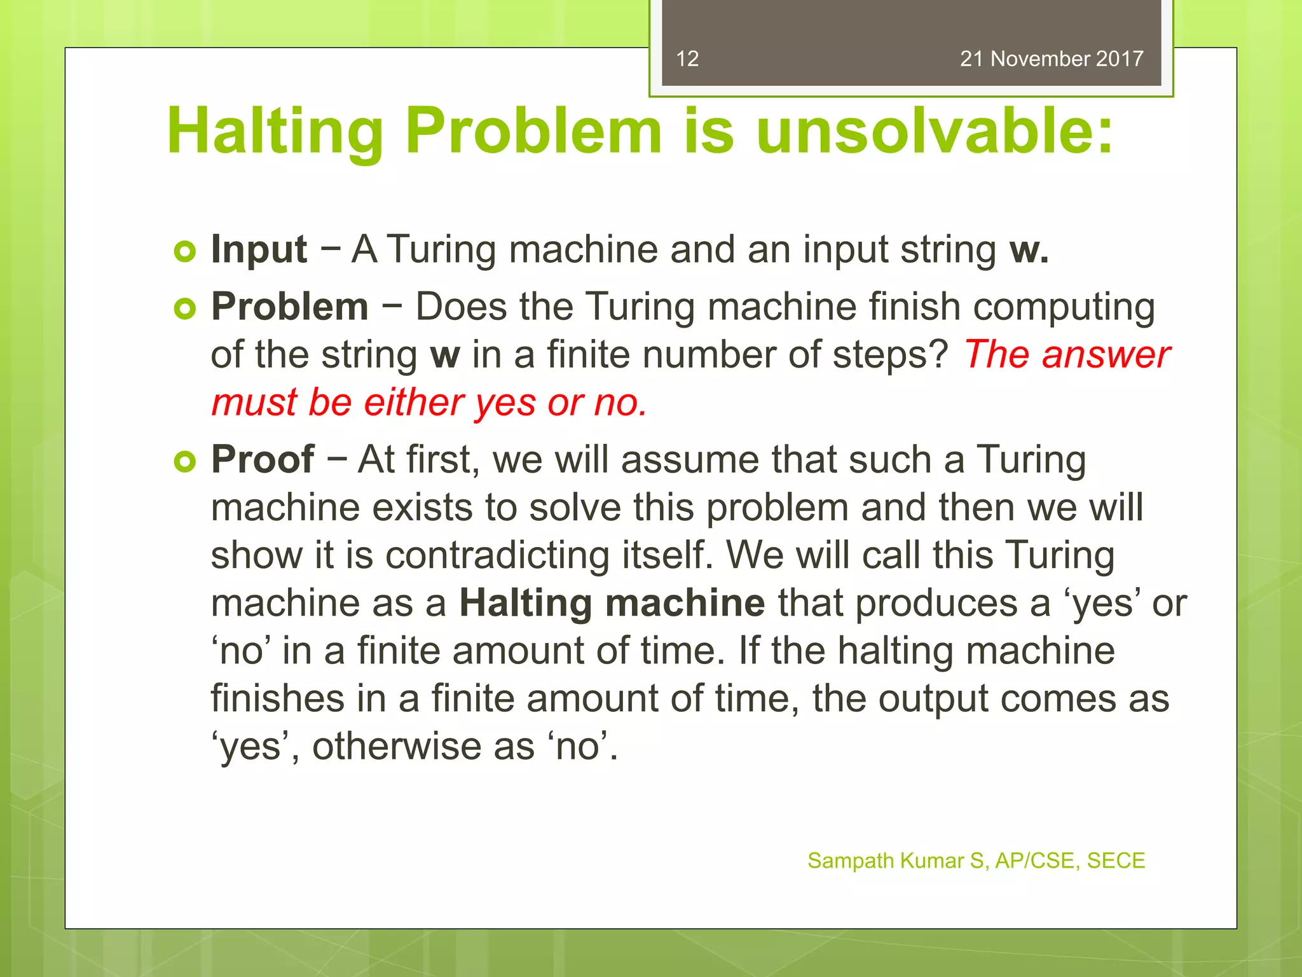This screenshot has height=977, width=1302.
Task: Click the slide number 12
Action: [x=687, y=59]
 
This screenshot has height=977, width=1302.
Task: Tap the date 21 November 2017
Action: [x=1052, y=59]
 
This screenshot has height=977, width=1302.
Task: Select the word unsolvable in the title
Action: [x=934, y=131]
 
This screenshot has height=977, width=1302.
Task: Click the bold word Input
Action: [x=259, y=249]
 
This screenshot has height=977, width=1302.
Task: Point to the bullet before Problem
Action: [x=184, y=309]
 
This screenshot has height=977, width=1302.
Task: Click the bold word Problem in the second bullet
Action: [x=290, y=307]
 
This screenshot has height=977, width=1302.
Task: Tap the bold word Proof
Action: [x=263, y=459]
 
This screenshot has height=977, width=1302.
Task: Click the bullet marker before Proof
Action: [x=184, y=462]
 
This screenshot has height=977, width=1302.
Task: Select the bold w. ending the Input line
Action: [x=1029, y=250]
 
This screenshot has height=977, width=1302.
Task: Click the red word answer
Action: [x=1106, y=354]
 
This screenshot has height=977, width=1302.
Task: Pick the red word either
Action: [x=414, y=403]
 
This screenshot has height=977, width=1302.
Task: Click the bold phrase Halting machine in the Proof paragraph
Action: [x=612, y=603]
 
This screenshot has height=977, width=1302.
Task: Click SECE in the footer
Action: [x=1116, y=861]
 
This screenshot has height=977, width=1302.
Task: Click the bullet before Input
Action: [x=184, y=252]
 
